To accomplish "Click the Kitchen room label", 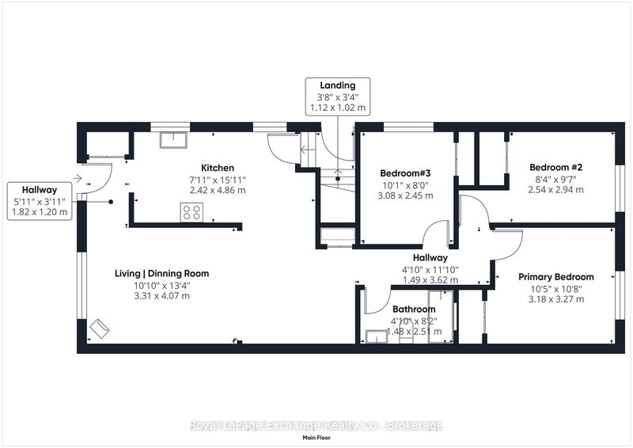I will click(x=217, y=168).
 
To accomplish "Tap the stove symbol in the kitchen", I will click(x=191, y=211).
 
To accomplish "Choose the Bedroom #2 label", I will click(x=555, y=168).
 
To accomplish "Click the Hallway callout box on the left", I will click(x=39, y=201).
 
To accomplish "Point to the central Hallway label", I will click(x=430, y=258).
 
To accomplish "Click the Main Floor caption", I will click(x=316, y=438).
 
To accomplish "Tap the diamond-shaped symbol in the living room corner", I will click(x=100, y=327).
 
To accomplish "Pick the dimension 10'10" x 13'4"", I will click(x=161, y=285).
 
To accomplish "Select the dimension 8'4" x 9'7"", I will click(x=555, y=179).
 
